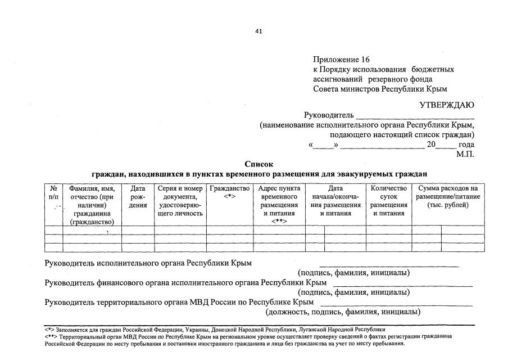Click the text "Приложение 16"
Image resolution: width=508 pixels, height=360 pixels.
[x=342, y=59]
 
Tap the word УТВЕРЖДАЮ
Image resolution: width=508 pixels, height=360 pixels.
[x=446, y=105]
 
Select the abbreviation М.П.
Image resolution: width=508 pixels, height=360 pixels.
[x=465, y=153]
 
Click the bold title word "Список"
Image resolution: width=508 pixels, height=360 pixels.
[x=258, y=164]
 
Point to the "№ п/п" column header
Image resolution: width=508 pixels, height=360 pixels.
[x=53, y=192]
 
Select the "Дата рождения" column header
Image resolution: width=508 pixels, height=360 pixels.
[x=138, y=196]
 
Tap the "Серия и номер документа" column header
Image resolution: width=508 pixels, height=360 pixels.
[x=180, y=201]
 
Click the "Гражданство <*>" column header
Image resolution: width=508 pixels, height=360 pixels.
[x=229, y=192]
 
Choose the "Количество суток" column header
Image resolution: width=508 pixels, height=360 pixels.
[x=388, y=201]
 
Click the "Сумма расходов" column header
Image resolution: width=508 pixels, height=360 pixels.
[x=448, y=196]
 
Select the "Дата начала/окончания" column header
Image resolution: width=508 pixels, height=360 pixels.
[x=335, y=201]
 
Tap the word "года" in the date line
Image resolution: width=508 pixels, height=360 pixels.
[x=466, y=145]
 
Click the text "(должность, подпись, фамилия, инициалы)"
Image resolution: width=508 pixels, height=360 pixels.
[x=343, y=312]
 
